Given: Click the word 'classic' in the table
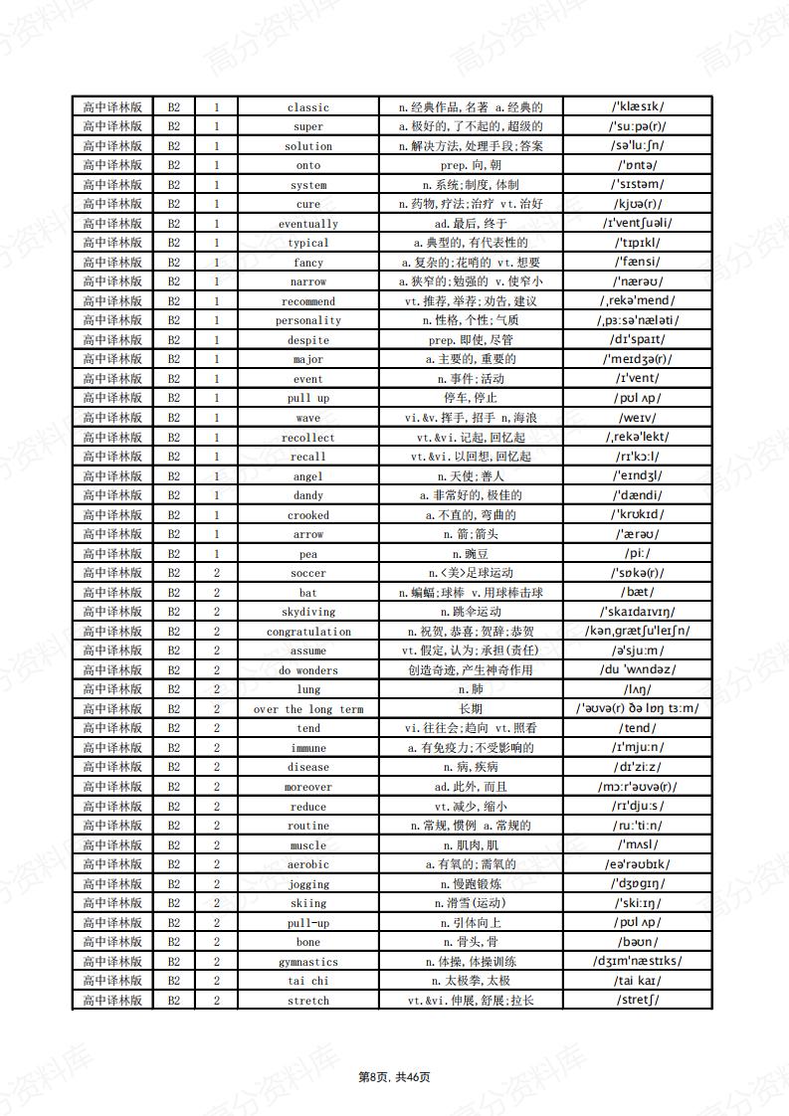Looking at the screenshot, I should [308, 107].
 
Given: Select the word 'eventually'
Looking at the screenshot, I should [308, 224].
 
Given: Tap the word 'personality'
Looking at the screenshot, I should [308, 320].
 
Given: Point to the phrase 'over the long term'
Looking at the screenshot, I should [308, 709].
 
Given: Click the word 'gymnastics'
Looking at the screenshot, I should [308, 962].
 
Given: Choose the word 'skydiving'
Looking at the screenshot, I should [308, 612].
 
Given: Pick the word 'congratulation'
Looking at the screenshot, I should [308, 632].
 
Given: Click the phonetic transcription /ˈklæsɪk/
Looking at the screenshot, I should [638, 106].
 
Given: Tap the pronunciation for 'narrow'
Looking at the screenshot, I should [638, 281].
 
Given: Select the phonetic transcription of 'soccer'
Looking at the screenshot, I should [638, 573].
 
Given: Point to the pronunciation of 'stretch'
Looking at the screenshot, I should [638, 1000].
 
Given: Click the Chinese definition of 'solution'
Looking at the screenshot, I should [471, 146].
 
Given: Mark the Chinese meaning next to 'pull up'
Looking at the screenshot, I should [471, 398].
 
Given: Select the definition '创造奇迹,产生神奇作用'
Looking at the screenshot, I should [471, 670].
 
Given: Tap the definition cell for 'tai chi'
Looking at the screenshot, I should [471, 981].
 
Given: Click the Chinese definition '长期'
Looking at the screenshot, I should [471, 709].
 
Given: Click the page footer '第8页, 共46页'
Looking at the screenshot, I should [394, 1076].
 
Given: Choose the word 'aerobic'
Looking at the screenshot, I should [308, 864].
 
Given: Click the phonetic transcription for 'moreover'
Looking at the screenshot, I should [638, 787].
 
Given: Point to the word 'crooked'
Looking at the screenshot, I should [308, 515].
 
